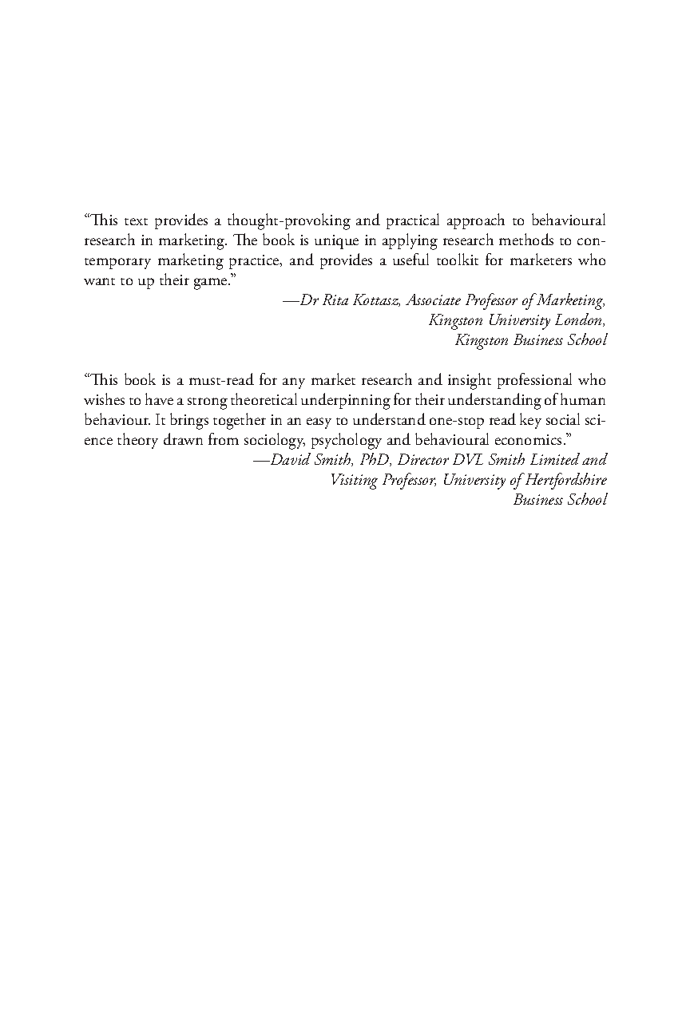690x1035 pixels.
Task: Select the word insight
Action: [x=434, y=380]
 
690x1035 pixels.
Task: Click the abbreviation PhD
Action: [x=374, y=460]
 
